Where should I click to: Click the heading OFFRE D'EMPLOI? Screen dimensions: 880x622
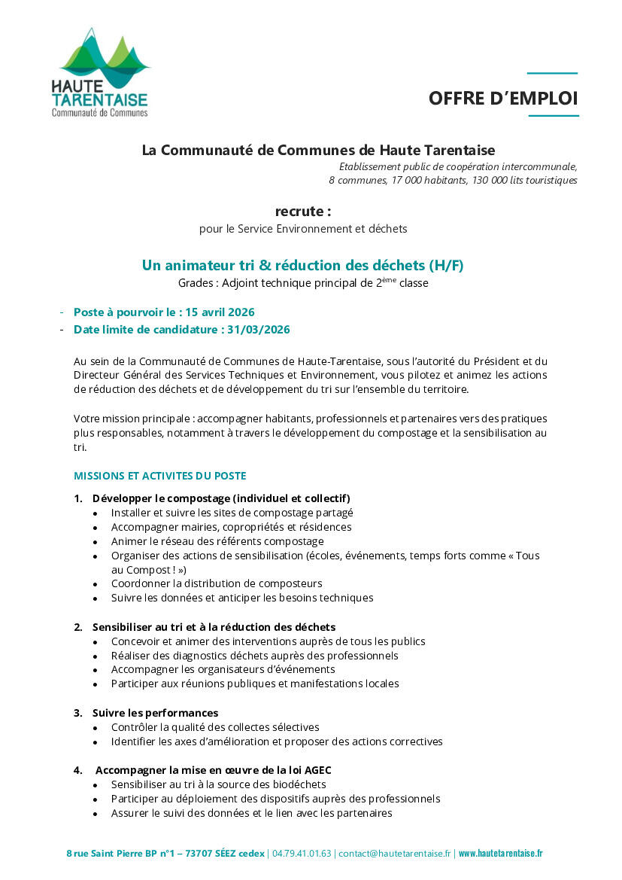pos(503,99)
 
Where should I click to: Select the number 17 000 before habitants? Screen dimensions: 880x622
pos(408,181)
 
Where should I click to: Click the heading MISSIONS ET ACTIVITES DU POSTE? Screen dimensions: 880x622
pos(159,476)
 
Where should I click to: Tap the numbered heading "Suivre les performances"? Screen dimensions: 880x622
pos(155,713)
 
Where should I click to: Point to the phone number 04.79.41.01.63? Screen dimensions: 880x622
pos(302,854)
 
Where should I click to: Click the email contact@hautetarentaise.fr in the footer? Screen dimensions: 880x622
pos(395,854)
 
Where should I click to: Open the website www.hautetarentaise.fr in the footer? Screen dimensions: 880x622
pos(500,854)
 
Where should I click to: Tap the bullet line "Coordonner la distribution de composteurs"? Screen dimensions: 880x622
pos(217,583)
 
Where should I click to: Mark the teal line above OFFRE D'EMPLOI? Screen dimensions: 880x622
pos(552,74)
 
